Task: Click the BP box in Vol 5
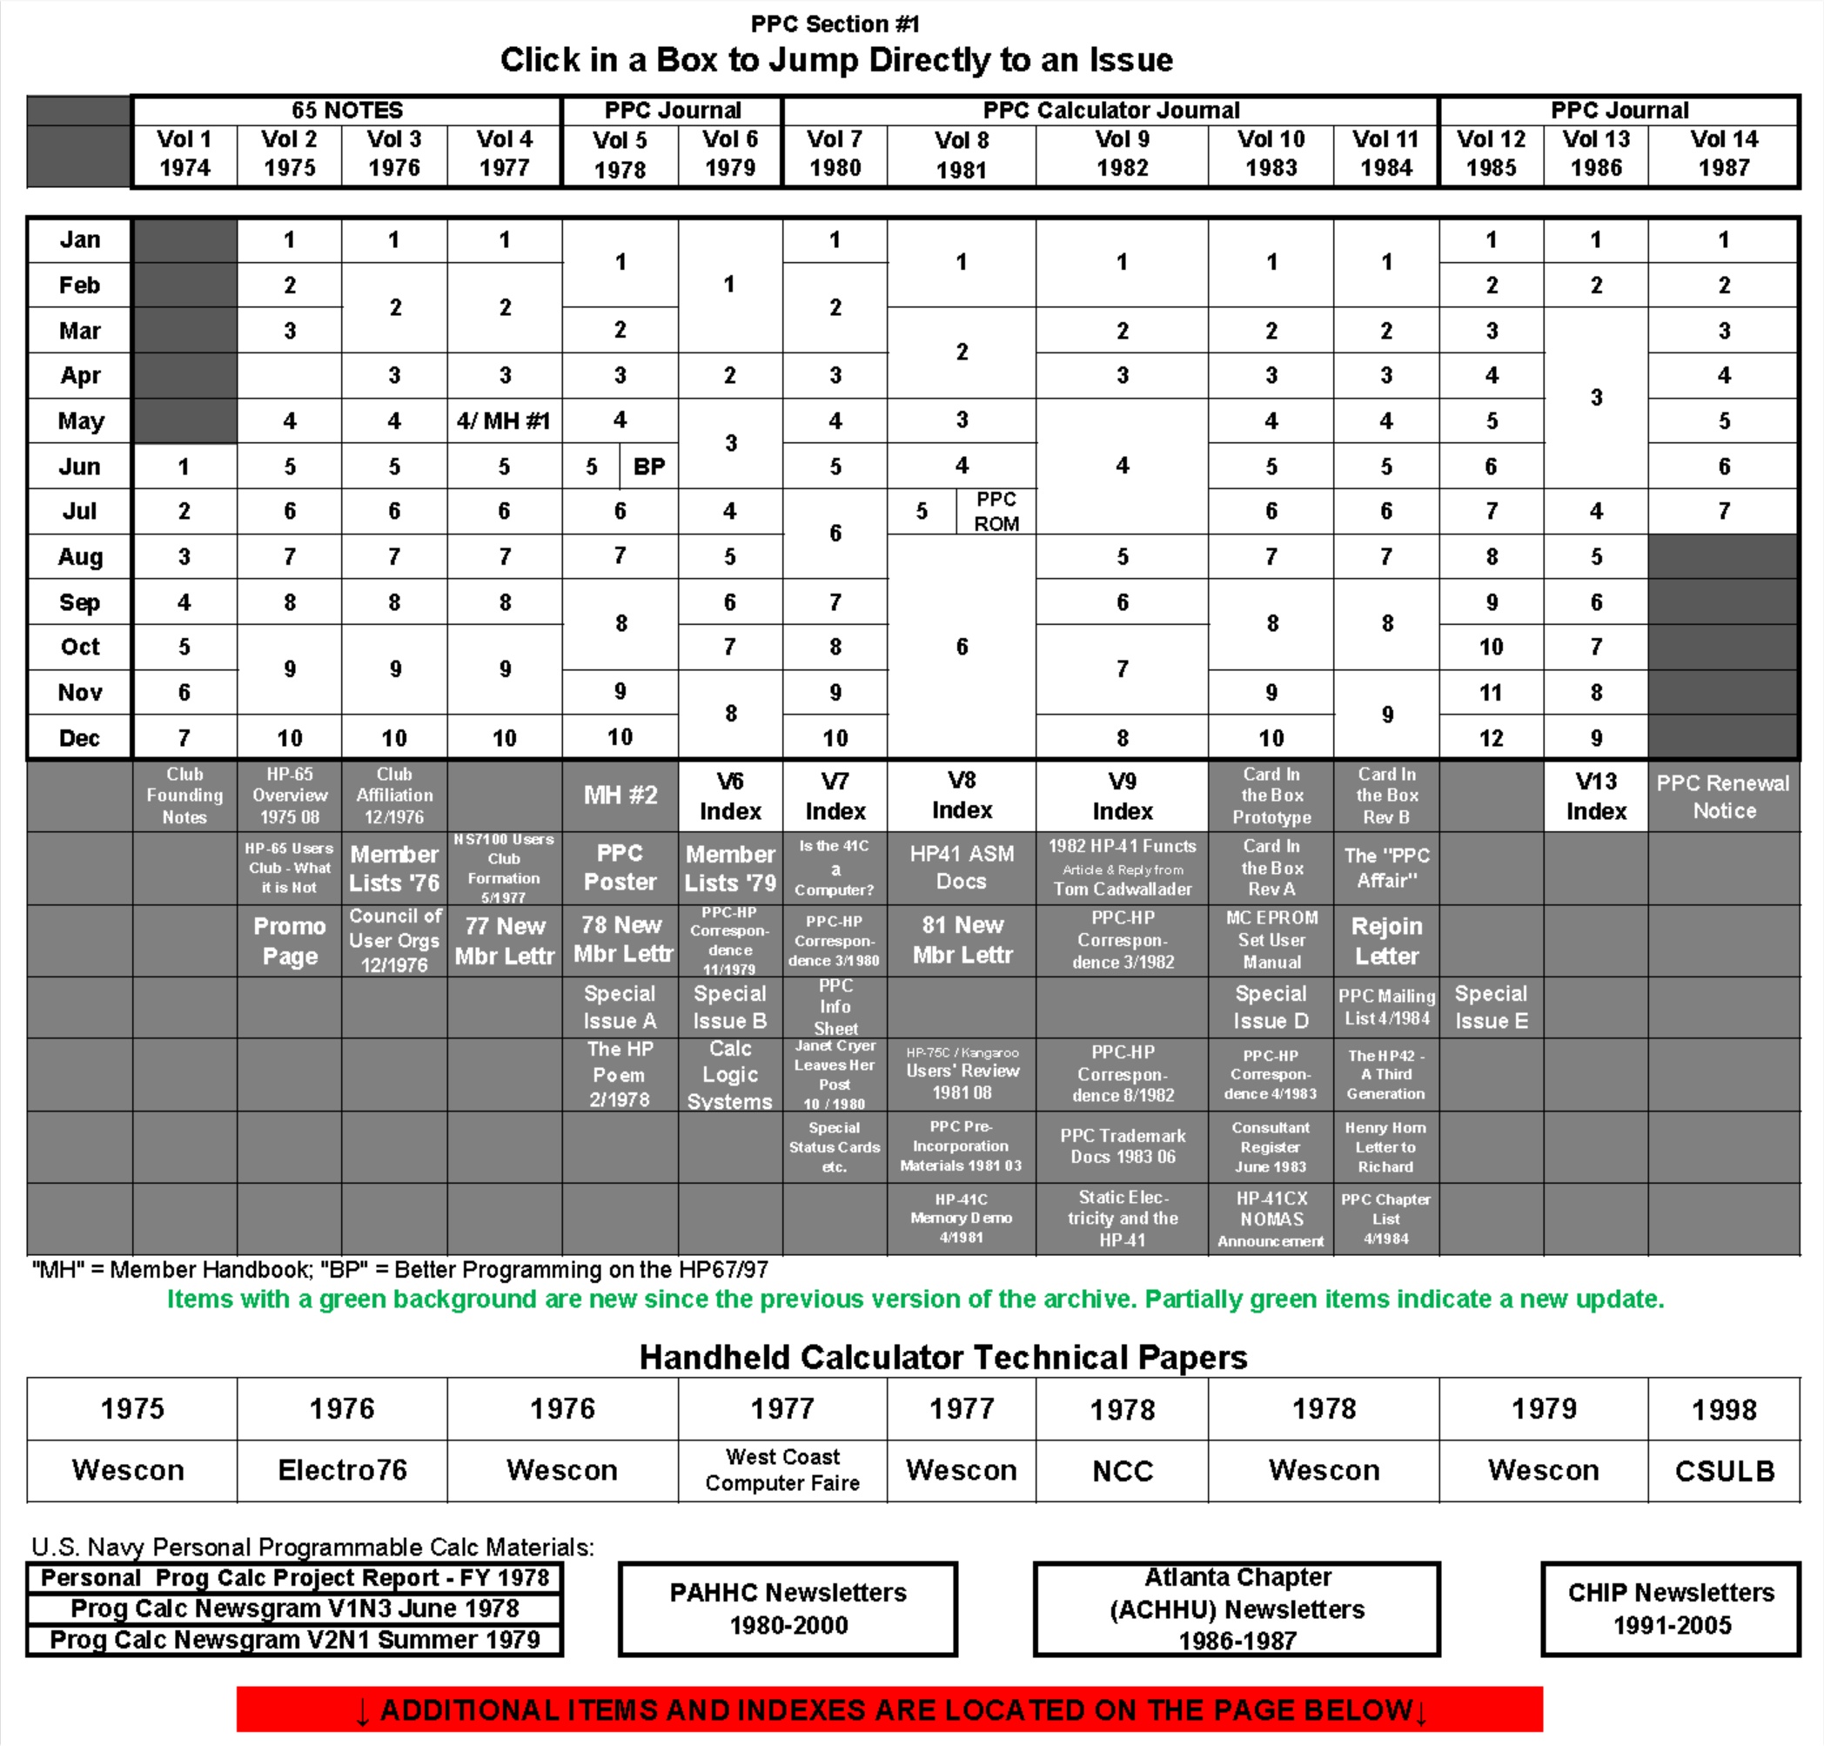pyautogui.click(x=648, y=467)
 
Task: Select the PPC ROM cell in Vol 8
pyautogui.click(x=996, y=511)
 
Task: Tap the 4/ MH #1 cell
pyautogui.click(x=504, y=420)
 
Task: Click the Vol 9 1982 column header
pyautogui.click(x=1122, y=153)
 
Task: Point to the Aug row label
pyautogui.click(x=80, y=556)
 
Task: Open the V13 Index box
pyautogui.click(x=1595, y=796)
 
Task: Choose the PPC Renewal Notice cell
pyautogui.click(x=1724, y=796)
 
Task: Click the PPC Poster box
pyautogui.click(x=620, y=868)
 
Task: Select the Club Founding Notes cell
pyautogui.click(x=184, y=796)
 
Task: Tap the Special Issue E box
pyautogui.click(x=1491, y=1007)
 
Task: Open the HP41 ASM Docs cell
pyautogui.click(x=962, y=868)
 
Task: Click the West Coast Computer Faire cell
pyautogui.click(x=781, y=1469)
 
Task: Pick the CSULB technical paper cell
pyautogui.click(x=1724, y=1469)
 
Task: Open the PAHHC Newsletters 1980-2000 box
pyautogui.click(x=788, y=1608)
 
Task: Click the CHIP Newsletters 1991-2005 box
pyautogui.click(x=1671, y=1608)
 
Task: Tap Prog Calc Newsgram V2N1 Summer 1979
pyautogui.click(x=294, y=1640)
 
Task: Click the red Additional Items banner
pyautogui.click(x=889, y=1709)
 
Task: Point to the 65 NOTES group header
pyautogui.click(x=347, y=111)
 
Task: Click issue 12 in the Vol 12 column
pyautogui.click(x=1491, y=738)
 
